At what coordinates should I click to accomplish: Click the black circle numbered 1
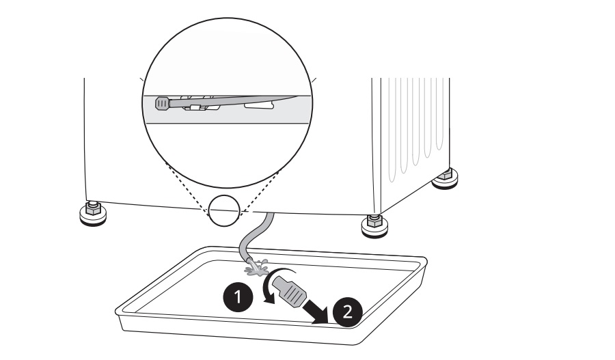tap(237, 297)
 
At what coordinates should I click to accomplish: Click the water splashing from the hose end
tap(256, 268)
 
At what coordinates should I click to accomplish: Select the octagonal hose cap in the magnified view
tap(162, 104)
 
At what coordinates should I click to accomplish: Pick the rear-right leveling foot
tap(446, 180)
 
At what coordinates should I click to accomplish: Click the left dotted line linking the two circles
tap(191, 192)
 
